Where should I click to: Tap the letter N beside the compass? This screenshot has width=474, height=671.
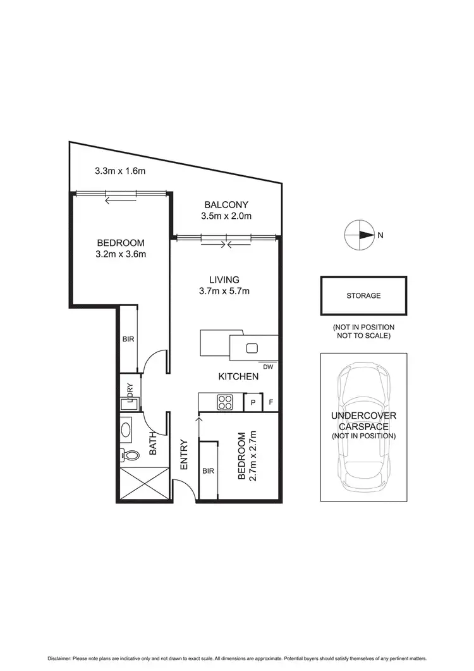tap(380, 235)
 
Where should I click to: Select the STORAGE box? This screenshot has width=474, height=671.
tap(363, 295)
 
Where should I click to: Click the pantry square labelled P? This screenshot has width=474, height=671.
tap(253, 402)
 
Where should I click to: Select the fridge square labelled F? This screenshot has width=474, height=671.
tap(270, 402)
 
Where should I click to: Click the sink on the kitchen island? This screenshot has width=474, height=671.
tap(252, 347)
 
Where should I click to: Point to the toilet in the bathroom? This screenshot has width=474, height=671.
tap(131, 455)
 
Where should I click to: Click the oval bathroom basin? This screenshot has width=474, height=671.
tap(126, 431)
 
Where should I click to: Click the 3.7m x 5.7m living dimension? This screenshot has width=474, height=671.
tap(224, 292)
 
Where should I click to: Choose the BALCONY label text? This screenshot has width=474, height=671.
tap(226, 205)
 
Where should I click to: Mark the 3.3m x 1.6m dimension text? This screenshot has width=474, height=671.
tap(120, 171)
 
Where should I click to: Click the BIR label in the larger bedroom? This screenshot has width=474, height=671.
tap(128, 339)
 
